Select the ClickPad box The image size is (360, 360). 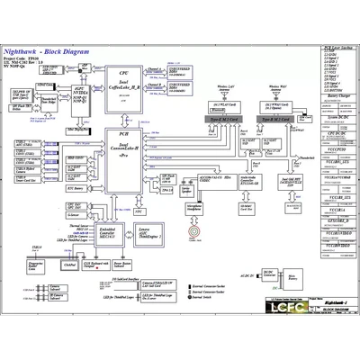coord(69,266)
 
